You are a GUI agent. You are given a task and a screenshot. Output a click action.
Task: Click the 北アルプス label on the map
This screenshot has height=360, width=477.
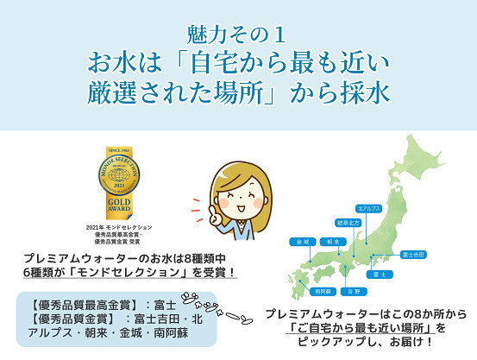pos(368,209)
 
